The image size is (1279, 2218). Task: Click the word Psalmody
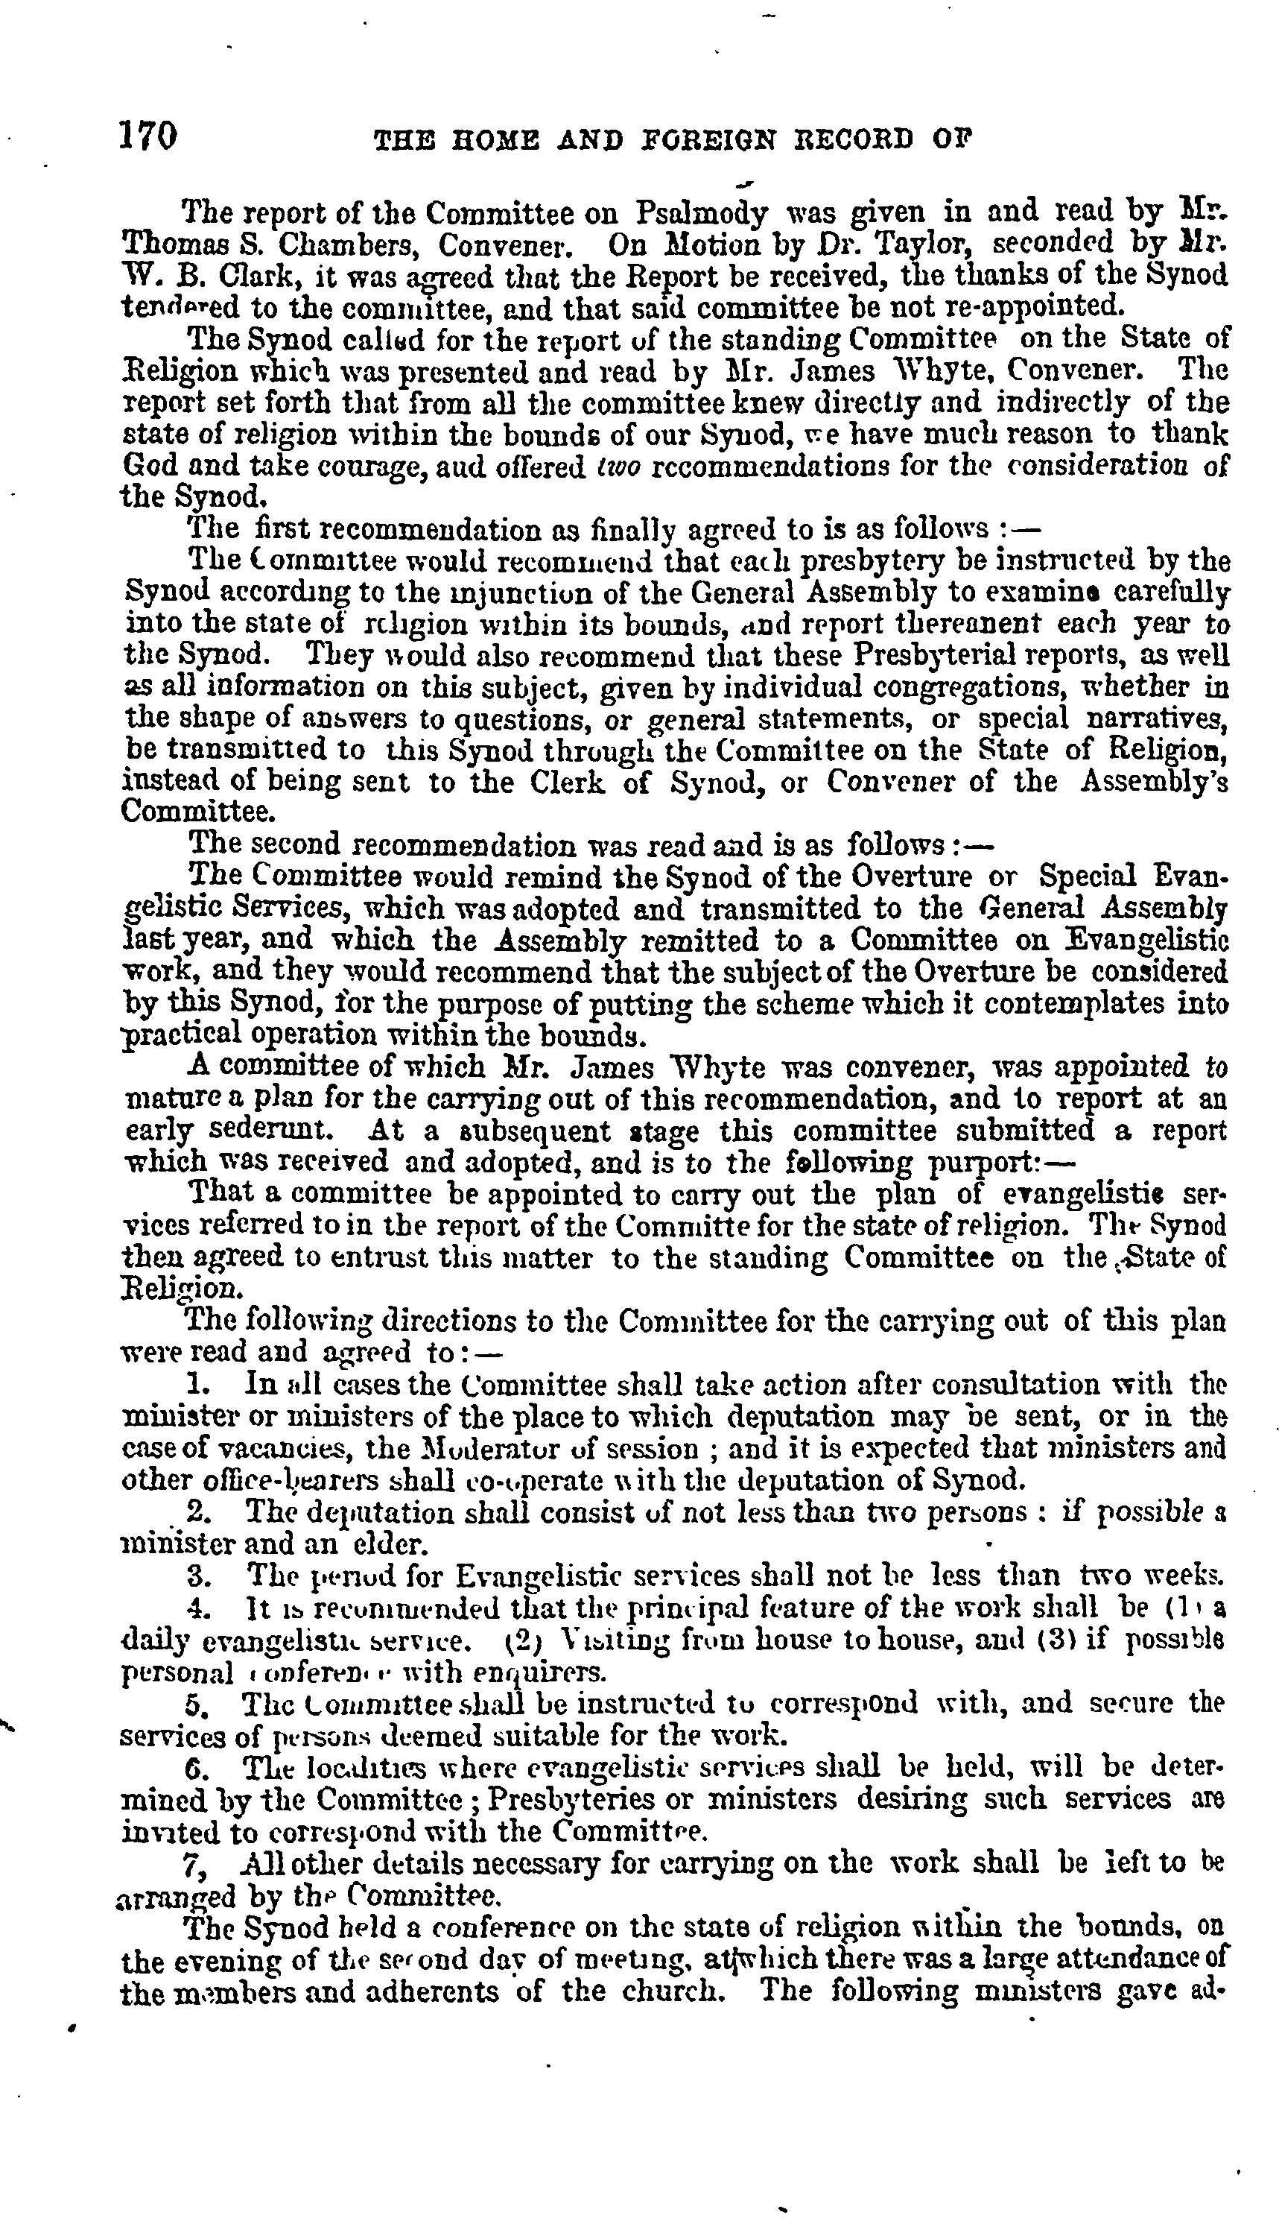click(x=702, y=215)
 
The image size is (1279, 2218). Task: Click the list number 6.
click(x=197, y=1767)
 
